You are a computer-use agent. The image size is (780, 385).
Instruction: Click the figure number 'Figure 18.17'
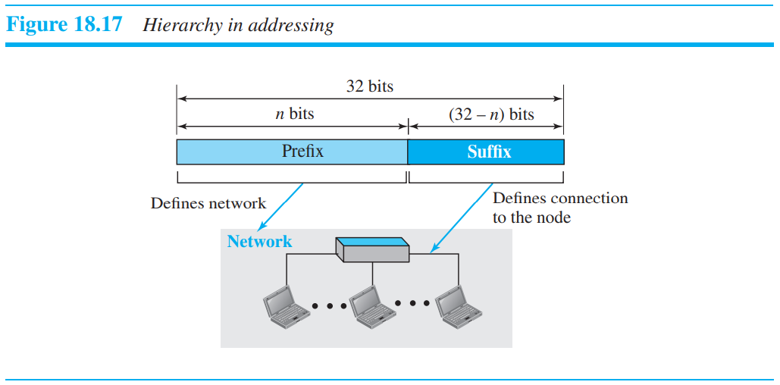pos(64,24)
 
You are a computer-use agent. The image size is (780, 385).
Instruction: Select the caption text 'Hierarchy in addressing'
pos(238,25)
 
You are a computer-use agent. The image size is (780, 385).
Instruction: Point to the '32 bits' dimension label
pos(370,86)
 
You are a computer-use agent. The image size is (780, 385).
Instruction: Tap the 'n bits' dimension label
pos(293,114)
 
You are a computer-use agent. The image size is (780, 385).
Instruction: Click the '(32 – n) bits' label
pos(486,114)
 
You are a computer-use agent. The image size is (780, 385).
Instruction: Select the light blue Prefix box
pos(292,152)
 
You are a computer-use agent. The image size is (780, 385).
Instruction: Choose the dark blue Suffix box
pos(486,152)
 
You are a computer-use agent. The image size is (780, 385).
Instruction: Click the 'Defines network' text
pos(208,203)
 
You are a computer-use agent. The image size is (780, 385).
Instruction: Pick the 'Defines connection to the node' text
pos(559,208)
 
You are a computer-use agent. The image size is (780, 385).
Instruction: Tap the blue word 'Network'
pos(259,242)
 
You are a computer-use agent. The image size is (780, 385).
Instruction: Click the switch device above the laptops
pos(373,249)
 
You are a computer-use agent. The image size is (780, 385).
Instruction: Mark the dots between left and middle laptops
pos(329,306)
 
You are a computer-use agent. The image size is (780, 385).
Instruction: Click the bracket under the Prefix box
pos(292,180)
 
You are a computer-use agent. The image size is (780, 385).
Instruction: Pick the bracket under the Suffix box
pos(486,180)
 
